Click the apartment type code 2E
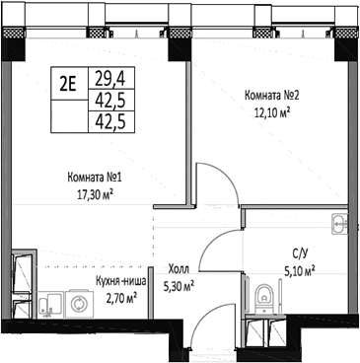click(x=68, y=82)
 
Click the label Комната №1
click(x=94, y=178)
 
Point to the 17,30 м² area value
click(x=94, y=193)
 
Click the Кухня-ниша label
click(x=121, y=280)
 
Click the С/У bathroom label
click(x=299, y=253)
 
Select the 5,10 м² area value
click(x=299, y=268)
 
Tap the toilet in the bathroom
click(x=264, y=293)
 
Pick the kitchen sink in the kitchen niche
click(x=19, y=267)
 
